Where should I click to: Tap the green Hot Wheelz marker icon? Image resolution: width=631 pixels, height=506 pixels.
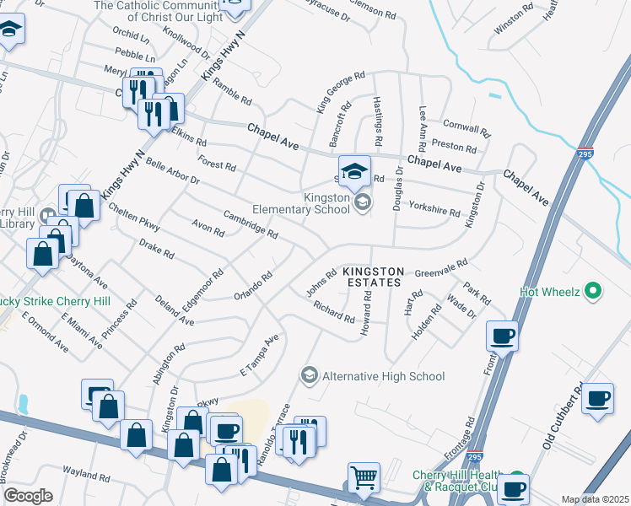click(593, 292)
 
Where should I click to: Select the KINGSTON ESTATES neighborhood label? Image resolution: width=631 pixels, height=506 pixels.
click(374, 272)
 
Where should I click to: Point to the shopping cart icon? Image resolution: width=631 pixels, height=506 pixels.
click(364, 478)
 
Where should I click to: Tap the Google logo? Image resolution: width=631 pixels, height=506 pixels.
click(28, 496)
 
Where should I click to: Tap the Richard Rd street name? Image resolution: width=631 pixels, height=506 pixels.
click(333, 312)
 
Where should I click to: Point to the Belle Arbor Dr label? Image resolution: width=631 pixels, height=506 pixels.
click(172, 170)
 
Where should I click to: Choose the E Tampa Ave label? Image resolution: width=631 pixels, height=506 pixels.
click(259, 358)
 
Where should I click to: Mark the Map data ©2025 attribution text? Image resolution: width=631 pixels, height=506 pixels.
click(594, 499)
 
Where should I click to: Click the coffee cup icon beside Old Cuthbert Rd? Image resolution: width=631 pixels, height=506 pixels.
click(598, 398)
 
